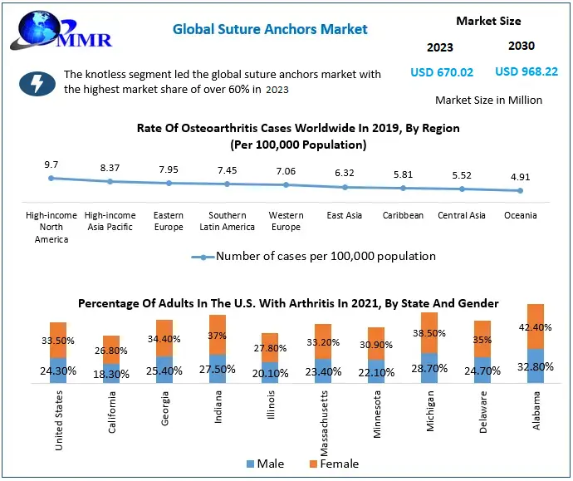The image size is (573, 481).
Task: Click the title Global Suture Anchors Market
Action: pyautogui.click(x=270, y=29)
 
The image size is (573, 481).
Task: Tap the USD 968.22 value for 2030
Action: pyautogui.click(x=526, y=72)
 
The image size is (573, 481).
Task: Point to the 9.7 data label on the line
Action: pyautogui.click(x=51, y=165)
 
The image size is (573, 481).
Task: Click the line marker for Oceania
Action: pyautogui.click(x=521, y=190)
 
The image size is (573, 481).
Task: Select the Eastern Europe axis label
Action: pyautogui.click(x=169, y=221)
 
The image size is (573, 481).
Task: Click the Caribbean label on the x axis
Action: pyautogui.click(x=403, y=215)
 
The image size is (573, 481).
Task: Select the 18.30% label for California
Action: pyautogui.click(x=110, y=375)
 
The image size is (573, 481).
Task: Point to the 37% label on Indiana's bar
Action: pyautogui.click(x=217, y=336)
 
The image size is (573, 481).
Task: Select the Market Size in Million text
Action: pyautogui.click(x=488, y=100)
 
